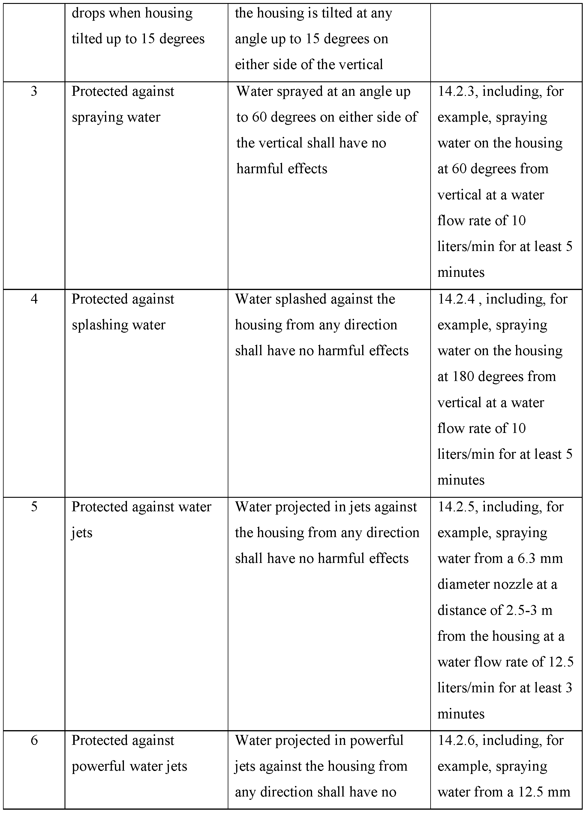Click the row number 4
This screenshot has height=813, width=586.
click(x=34, y=299)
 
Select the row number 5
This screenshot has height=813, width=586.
click(x=34, y=507)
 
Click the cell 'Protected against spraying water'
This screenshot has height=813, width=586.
click(x=122, y=104)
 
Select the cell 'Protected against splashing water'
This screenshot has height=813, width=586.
click(x=122, y=312)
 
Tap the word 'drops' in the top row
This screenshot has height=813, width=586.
click(x=88, y=13)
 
